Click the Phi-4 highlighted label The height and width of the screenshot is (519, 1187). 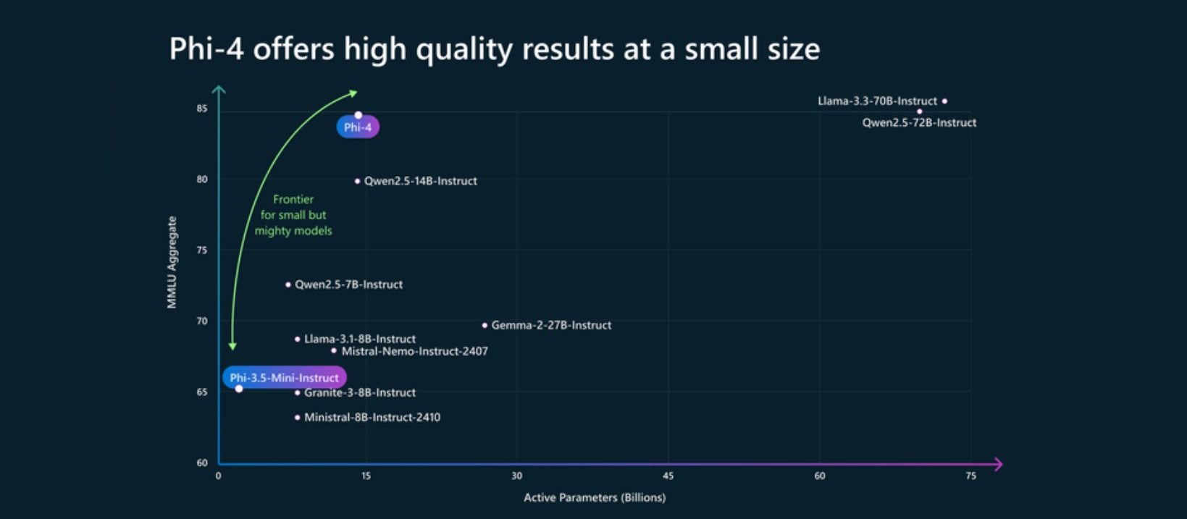point(358,127)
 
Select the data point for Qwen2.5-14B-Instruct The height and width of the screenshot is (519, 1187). point(357,181)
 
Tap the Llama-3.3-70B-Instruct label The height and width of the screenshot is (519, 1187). point(877,101)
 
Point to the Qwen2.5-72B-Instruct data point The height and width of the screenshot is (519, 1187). point(920,111)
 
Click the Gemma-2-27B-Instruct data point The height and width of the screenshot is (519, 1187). point(485,325)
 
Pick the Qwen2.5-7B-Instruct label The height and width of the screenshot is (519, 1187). point(348,284)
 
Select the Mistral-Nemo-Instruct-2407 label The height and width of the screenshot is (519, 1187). point(414,351)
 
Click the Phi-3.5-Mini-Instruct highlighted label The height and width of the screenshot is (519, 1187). point(284,378)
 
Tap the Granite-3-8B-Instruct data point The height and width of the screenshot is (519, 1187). point(297,393)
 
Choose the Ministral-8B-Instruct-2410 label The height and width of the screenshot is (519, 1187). point(372,417)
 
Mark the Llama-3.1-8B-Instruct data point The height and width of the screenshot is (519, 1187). point(297,339)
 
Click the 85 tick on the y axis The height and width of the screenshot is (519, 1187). point(201,109)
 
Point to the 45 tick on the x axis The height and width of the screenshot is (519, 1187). point(668,476)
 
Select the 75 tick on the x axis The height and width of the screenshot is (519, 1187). point(970,476)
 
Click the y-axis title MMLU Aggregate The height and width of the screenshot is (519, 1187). point(172,262)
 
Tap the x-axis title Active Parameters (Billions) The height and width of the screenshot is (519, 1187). point(595,497)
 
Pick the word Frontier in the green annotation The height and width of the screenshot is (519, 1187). point(293,199)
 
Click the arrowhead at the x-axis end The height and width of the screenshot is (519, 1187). point(998,464)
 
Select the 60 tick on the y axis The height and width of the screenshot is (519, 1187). point(201,463)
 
